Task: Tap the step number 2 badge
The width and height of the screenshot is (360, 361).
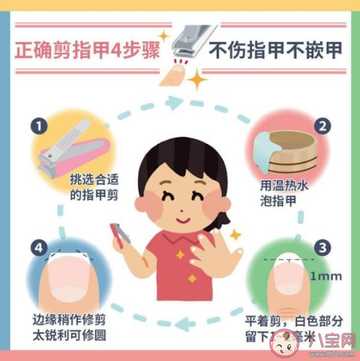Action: click(324, 126)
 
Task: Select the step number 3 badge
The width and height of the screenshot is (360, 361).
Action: click(324, 247)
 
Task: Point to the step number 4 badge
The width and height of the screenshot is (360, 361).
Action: click(39, 247)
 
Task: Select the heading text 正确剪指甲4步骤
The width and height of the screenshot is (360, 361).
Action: click(87, 50)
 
